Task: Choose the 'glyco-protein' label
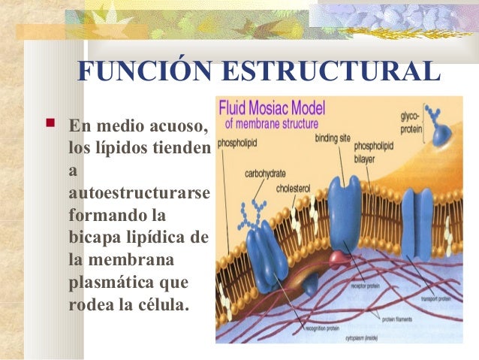(x=411, y=123)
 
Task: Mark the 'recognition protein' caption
(x=323, y=328)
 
